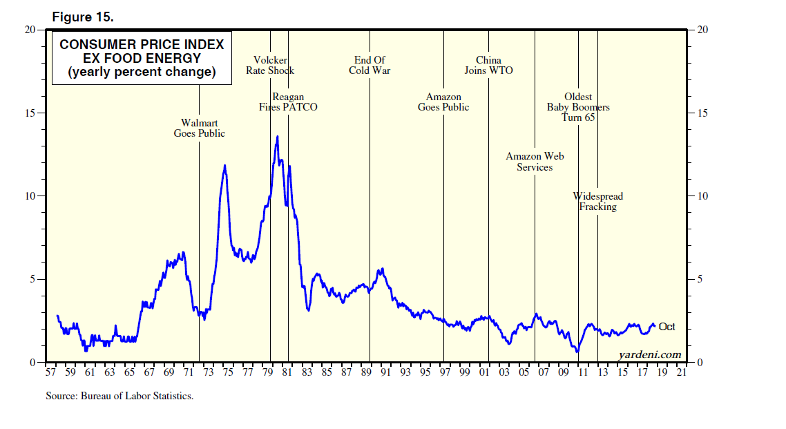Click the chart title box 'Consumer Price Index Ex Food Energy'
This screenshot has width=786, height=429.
point(142,58)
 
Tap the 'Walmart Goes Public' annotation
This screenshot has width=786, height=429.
point(199,128)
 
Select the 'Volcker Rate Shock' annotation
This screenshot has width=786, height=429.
point(270,65)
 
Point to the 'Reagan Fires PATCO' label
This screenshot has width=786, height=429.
point(288,102)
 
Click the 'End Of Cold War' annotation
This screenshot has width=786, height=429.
point(370,65)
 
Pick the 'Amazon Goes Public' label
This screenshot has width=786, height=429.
point(443,102)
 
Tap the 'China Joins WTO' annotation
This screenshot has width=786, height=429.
point(488,65)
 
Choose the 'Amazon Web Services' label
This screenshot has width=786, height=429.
point(535,162)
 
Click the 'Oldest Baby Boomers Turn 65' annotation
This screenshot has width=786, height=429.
point(578,107)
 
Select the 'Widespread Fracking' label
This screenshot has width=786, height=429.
point(597,202)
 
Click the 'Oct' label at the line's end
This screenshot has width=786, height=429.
point(667,327)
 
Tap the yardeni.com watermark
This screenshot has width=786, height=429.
point(649,354)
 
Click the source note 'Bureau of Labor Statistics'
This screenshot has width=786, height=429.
point(119,397)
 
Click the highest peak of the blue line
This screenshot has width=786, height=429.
point(277,137)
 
